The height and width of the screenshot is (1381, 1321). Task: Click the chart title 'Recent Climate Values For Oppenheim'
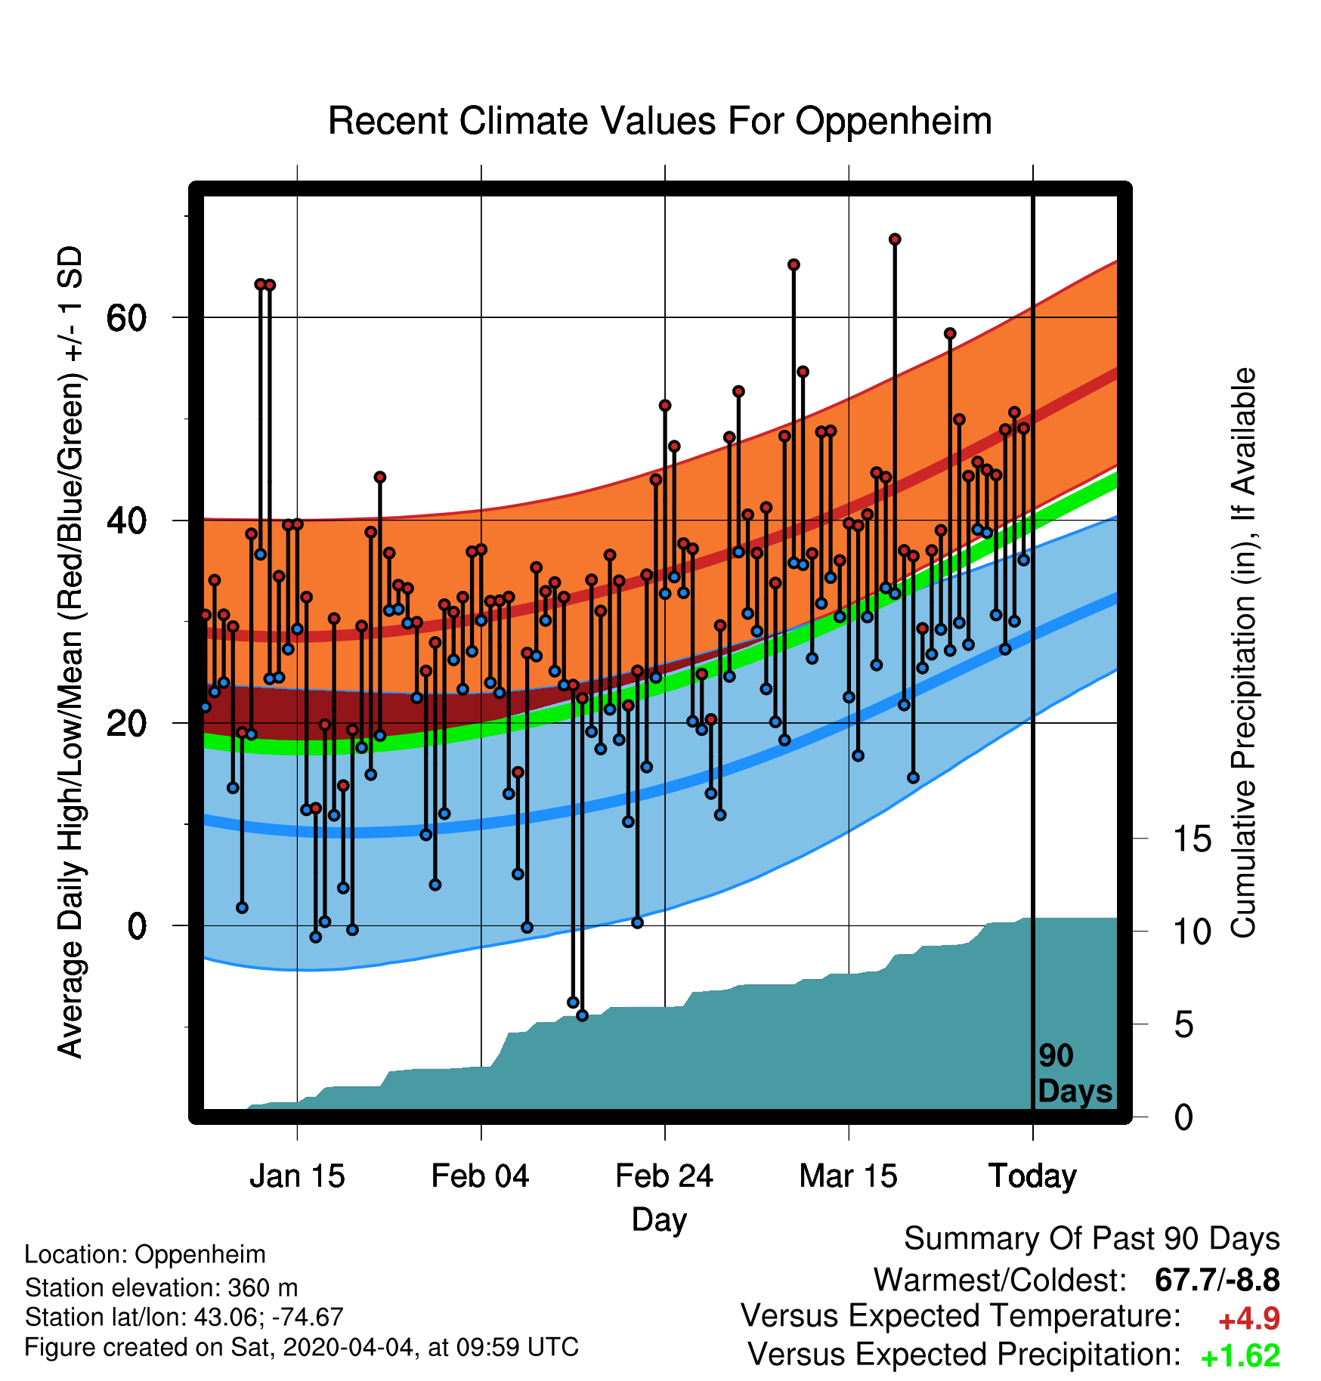point(660,121)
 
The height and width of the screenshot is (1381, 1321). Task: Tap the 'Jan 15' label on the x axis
point(297,1176)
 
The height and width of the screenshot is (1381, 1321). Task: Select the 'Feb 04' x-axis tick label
point(481,1176)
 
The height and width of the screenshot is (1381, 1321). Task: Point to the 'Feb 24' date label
point(664,1176)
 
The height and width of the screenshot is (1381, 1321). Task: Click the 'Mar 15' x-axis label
point(848,1176)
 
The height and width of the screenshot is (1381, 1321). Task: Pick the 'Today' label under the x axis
point(1032,1177)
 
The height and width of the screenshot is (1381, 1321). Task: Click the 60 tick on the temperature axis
point(127,318)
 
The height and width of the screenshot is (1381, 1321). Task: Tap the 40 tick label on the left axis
point(127,521)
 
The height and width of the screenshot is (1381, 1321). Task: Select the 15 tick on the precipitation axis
point(1192,839)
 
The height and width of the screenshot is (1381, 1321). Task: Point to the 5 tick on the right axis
point(1183,1024)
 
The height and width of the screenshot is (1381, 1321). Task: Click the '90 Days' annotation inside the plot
point(1075,1074)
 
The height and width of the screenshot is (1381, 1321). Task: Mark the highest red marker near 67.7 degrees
point(895,239)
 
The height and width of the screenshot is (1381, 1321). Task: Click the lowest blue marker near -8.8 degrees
point(582,1015)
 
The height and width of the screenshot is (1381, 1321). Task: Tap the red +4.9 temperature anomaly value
point(1249,1319)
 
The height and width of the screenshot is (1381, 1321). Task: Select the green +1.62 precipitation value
point(1240,1356)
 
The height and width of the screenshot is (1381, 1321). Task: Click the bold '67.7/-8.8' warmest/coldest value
point(1217,1280)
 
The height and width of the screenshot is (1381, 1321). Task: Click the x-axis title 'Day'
point(660,1220)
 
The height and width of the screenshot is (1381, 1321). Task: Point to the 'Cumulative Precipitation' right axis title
point(1243,653)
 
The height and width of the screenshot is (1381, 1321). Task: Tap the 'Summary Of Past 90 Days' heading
point(1092,1240)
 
